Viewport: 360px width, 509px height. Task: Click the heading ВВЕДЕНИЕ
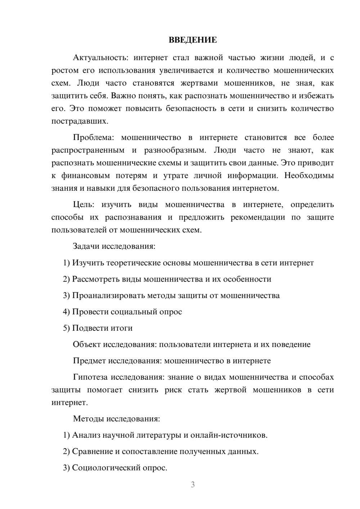(x=193, y=40)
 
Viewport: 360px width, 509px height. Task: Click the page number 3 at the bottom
(x=193, y=485)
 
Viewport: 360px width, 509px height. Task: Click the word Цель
(x=84, y=204)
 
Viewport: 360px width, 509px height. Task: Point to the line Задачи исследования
(x=114, y=246)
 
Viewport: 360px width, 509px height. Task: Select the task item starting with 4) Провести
(x=122, y=312)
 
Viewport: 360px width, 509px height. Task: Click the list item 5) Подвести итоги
(x=98, y=328)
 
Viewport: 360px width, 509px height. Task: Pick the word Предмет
(x=89, y=361)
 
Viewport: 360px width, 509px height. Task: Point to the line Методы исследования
(x=116, y=419)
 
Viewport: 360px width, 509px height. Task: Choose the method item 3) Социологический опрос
(x=115, y=468)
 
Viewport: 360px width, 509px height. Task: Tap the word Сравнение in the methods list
(x=92, y=451)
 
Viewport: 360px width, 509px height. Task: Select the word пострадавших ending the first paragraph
(x=80, y=121)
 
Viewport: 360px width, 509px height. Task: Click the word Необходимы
(x=309, y=176)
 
